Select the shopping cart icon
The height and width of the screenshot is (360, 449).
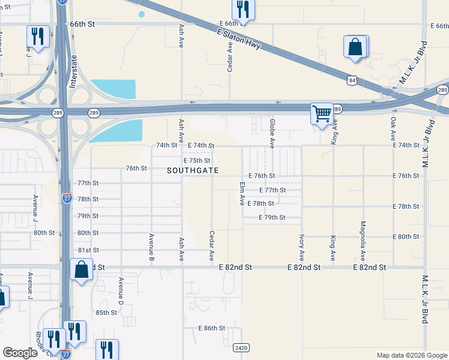(x=322, y=113)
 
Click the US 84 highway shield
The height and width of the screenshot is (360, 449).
(x=353, y=79)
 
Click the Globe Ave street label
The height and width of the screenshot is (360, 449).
(x=272, y=134)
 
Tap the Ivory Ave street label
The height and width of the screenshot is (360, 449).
(x=302, y=247)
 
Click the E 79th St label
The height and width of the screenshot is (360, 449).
(x=271, y=217)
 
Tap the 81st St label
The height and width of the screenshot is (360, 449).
(x=88, y=250)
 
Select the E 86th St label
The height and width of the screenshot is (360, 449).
(x=211, y=328)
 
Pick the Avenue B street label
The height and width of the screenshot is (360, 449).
(x=151, y=247)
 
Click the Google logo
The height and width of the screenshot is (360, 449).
(x=20, y=353)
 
